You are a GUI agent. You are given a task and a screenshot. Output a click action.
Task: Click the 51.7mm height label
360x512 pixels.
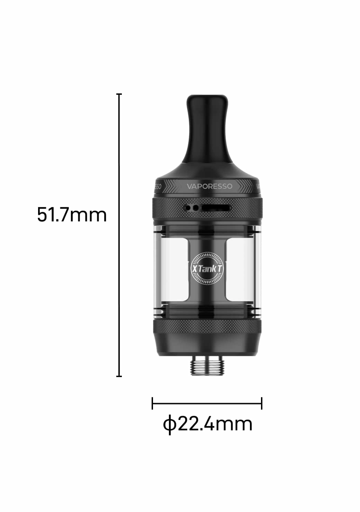tap(72, 214)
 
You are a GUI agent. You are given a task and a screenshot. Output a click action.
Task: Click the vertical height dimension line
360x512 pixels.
tap(119, 235)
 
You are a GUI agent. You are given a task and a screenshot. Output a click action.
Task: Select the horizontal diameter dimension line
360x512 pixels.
tap(207, 403)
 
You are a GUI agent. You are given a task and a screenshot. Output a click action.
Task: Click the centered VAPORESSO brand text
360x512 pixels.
tap(210, 186)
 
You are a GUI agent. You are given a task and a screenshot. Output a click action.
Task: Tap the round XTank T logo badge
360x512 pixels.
tap(207, 269)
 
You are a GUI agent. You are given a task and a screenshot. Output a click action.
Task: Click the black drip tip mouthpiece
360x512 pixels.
tap(207, 129)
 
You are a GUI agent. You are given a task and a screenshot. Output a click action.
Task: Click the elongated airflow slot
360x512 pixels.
tap(215, 208)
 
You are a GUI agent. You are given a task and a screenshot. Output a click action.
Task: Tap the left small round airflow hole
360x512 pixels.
tap(188, 208)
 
